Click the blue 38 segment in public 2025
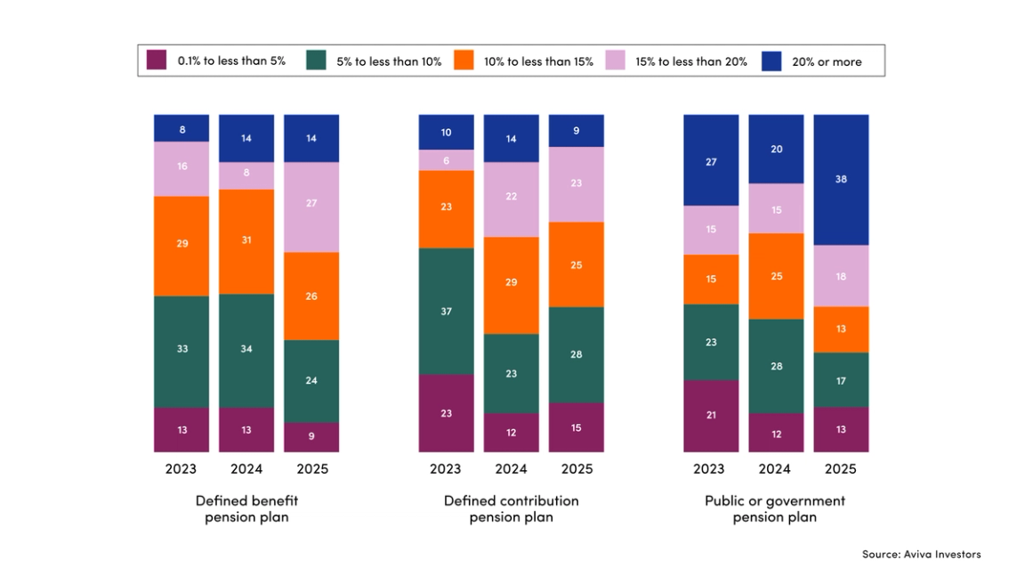[x=841, y=179]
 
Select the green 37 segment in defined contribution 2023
[x=446, y=311]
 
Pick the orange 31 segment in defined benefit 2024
[x=246, y=240]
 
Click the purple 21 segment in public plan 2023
[x=711, y=415]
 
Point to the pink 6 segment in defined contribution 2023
[x=446, y=159]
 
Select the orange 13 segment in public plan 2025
[x=841, y=329]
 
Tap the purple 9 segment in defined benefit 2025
[x=311, y=436]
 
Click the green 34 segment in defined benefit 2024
[x=246, y=350]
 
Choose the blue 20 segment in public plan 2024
[x=776, y=149]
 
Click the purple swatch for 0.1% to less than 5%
[x=157, y=61]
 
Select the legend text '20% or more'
[x=827, y=61]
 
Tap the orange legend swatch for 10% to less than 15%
[x=464, y=61]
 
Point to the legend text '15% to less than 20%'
[x=690, y=61]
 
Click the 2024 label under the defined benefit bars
[x=246, y=468]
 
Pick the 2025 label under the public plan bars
[x=841, y=468]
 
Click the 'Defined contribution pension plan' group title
[x=511, y=508]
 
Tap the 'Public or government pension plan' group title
[x=775, y=508]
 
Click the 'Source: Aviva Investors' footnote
[x=921, y=554]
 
